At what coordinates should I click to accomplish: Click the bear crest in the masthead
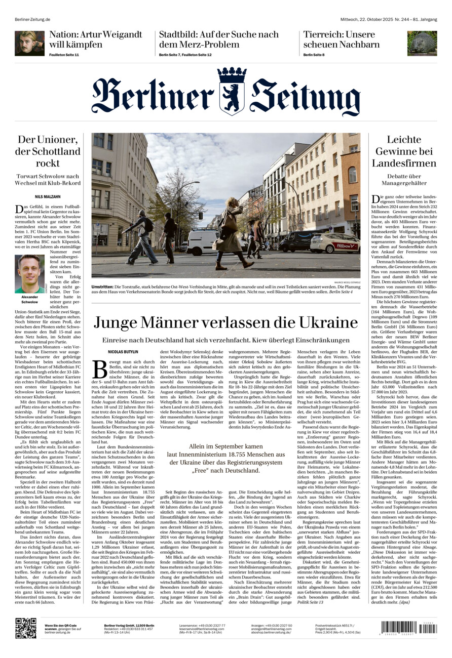tap(232, 91)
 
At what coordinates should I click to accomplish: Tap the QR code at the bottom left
tap(25, 628)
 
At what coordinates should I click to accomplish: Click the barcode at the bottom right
tap(408, 628)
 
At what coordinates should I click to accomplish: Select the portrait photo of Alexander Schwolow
tap(30, 273)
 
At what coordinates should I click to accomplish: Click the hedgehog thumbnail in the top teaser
tap(422, 43)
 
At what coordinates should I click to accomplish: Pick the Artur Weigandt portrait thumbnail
tap(29, 43)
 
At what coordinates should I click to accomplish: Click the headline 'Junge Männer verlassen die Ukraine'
tap(225, 322)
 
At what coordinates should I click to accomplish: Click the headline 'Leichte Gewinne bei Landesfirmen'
tap(404, 151)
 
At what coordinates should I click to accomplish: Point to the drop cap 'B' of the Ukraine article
tap(100, 369)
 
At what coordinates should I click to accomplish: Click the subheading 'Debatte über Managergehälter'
tap(404, 179)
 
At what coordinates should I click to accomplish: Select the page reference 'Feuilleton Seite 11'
tap(64, 55)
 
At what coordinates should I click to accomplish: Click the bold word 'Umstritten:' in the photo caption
tap(102, 286)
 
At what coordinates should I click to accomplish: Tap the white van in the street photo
tap(203, 241)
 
